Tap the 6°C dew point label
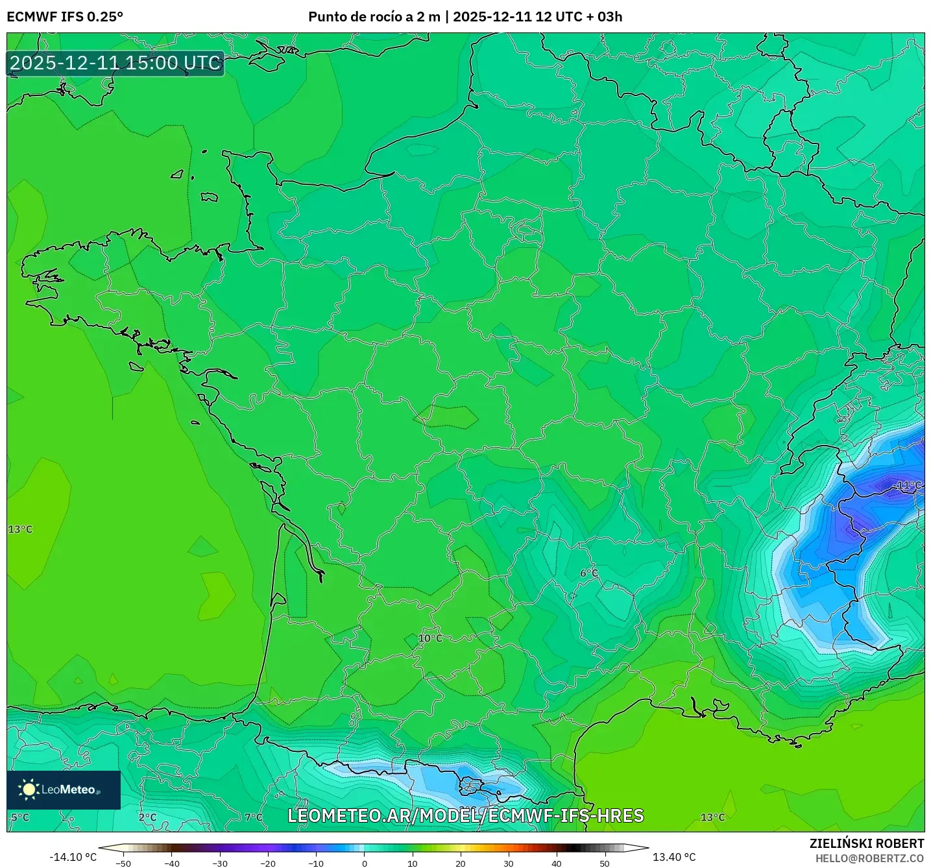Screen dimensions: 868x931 coord(589,573)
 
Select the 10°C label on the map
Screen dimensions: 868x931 coord(430,638)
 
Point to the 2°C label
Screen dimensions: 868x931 coord(148,817)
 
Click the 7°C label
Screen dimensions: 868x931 coord(254,817)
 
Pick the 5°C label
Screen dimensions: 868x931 coord(20,817)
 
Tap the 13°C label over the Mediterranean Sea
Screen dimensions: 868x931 coord(712,817)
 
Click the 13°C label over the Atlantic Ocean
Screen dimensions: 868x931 coord(20,529)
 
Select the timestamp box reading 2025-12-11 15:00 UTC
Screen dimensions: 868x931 coord(115,63)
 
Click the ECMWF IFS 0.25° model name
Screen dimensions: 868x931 coord(65,17)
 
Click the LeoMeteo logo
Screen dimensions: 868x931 coord(64,790)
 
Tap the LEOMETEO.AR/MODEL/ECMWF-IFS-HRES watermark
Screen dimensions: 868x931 coord(465,815)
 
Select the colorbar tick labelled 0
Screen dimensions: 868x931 coord(365,863)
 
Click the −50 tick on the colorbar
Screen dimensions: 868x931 coord(123,863)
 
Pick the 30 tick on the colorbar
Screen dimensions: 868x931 coord(509,863)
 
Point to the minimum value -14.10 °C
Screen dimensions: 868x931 coord(73,857)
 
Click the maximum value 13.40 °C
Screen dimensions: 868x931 coord(674,857)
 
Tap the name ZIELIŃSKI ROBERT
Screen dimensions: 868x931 coord(867,843)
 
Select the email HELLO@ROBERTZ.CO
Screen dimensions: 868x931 coord(869,858)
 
